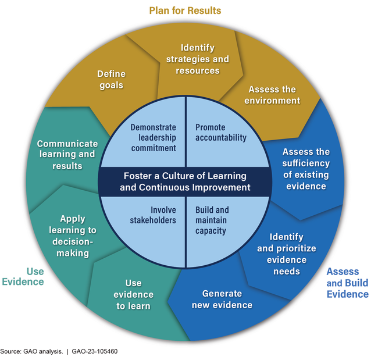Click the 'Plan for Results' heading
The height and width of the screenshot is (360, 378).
tap(185, 10)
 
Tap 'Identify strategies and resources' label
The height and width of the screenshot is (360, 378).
tap(197, 59)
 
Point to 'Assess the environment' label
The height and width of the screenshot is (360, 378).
tap(272, 95)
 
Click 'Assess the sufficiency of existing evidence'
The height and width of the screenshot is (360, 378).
tap(306, 169)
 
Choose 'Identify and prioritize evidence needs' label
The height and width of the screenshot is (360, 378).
tap(287, 254)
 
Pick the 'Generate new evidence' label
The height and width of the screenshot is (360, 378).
tap(227, 300)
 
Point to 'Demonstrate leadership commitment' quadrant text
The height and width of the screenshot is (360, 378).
tap(153, 138)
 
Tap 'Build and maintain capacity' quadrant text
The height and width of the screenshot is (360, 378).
tap(212, 220)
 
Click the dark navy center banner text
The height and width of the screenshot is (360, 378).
tap(185, 181)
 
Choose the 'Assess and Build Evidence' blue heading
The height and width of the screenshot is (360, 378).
tap(347, 283)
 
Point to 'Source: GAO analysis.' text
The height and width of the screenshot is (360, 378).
tap(28, 352)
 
